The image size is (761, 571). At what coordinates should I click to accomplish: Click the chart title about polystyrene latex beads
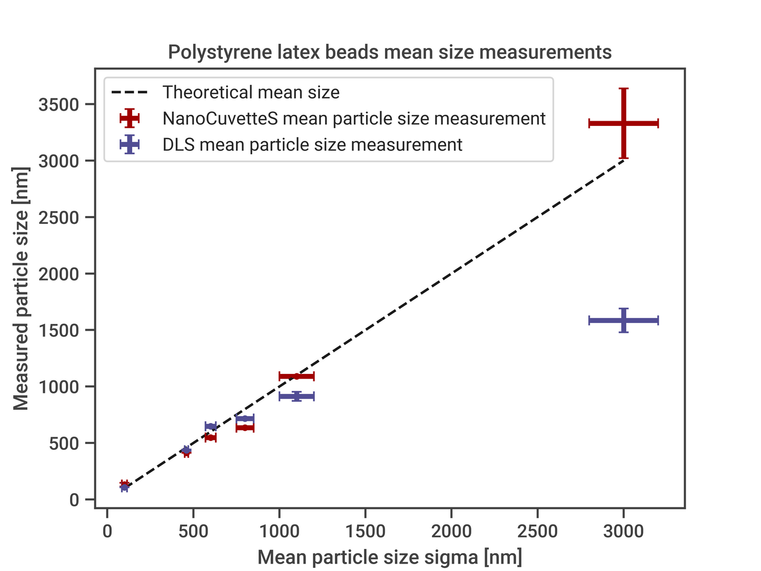[x=390, y=52]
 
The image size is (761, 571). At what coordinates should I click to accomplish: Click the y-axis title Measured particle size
[x=21, y=289]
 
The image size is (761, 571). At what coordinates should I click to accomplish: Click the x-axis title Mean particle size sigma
[x=390, y=557]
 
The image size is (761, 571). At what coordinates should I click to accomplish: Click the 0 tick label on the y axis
[x=74, y=499]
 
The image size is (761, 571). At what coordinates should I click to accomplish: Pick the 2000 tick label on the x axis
[x=451, y=531]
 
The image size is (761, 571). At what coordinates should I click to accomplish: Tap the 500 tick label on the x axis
[x=193, y=531]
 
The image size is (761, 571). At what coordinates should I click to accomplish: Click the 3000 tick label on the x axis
[x=624, y=531]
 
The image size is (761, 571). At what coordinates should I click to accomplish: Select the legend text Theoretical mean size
[x=251, y=93]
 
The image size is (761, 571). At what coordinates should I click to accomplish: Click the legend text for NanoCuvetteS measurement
[x=354, y=119]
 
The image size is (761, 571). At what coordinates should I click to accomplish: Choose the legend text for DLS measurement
[x=312, y=144]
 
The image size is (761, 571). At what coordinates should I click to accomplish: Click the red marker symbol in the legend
[x=129, y=119]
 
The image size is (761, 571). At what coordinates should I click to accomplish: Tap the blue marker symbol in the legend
[x=129, y=144]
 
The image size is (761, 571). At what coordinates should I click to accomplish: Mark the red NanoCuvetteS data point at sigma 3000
[x=624, y=123]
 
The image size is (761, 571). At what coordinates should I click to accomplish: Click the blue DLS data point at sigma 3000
[x=624, y=320]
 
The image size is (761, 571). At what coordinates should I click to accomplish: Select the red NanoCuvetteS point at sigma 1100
[x=297, y=376]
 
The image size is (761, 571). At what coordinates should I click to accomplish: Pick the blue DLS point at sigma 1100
[x=297, y=396]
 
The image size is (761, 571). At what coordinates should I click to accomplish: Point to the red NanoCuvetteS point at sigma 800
[x=245, y=428]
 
